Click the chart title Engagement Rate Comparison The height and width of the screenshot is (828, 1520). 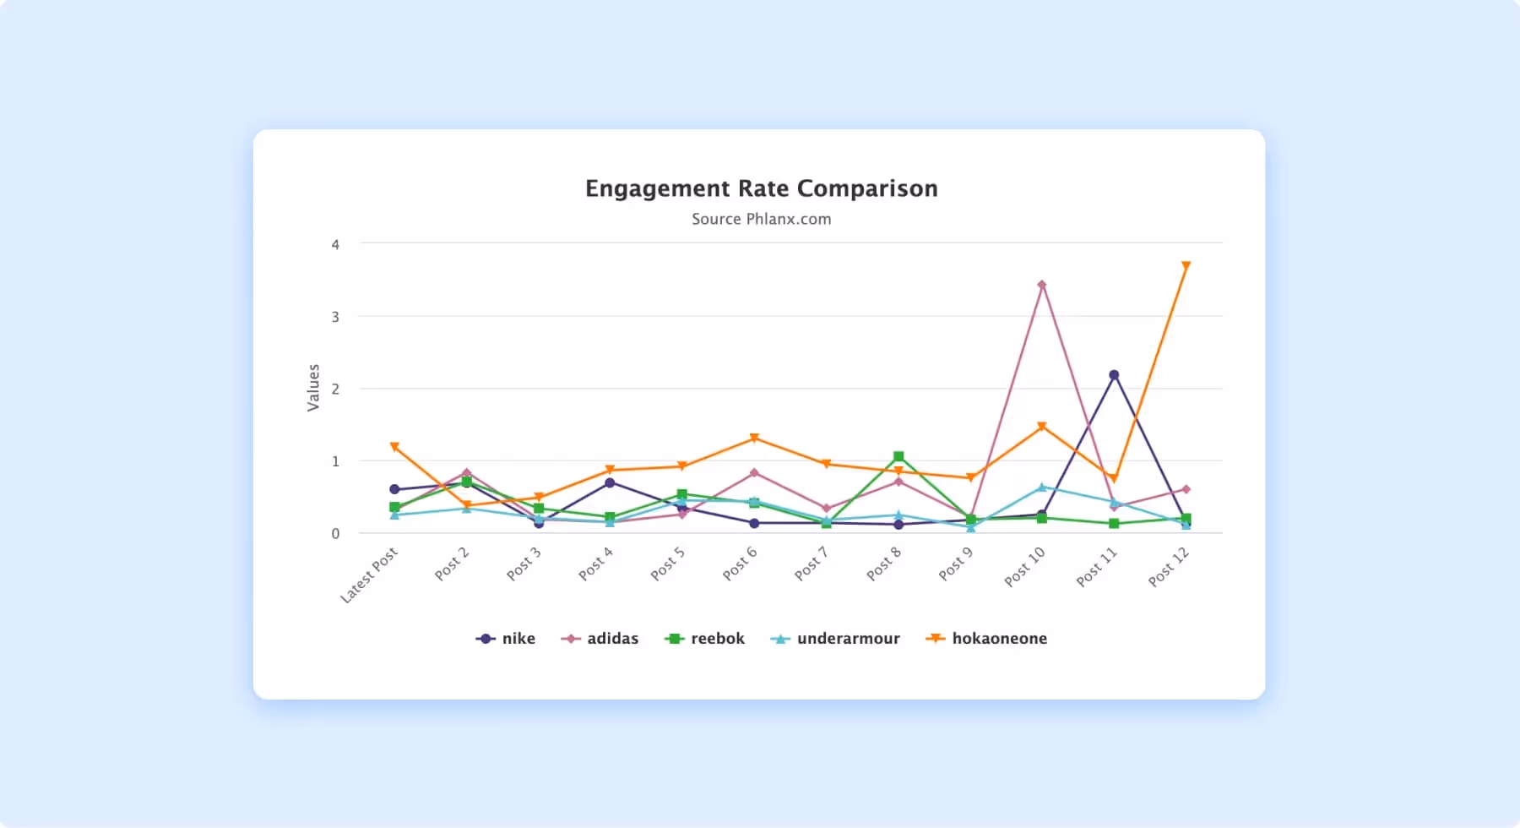(x=761, y=188)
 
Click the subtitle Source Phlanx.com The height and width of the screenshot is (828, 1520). (x=761, y=219)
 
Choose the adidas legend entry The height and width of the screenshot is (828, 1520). (x=600, y=639)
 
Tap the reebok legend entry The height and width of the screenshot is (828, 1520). (x=705, y=639)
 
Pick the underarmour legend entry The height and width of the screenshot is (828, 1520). (x=835, y=639)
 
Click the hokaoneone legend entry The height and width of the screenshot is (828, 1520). (x=986, y=639)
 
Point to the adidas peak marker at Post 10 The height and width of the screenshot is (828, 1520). (x=1042, y=285)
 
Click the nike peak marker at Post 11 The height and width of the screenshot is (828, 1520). (x=1114, y=375)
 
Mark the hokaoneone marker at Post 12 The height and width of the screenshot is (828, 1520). (x=1186, y=266)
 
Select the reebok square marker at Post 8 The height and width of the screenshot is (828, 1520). (x=898, y=457)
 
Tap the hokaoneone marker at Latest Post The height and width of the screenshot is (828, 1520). (x=394, y=447)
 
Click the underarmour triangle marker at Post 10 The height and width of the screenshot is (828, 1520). (x=1042, y=488)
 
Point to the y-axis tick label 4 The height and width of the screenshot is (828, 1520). (x=335, y=245)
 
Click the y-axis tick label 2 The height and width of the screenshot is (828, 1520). (x=335, y=389)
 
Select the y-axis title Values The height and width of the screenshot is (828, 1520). (x=313, y=388)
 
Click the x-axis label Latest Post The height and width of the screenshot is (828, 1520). (x=369, y=575)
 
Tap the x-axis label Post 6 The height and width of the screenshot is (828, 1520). (x=740, y=564)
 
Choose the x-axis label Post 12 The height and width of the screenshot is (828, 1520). (x=1169, y=566)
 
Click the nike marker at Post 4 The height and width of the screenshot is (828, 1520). (x=610, y=483)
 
